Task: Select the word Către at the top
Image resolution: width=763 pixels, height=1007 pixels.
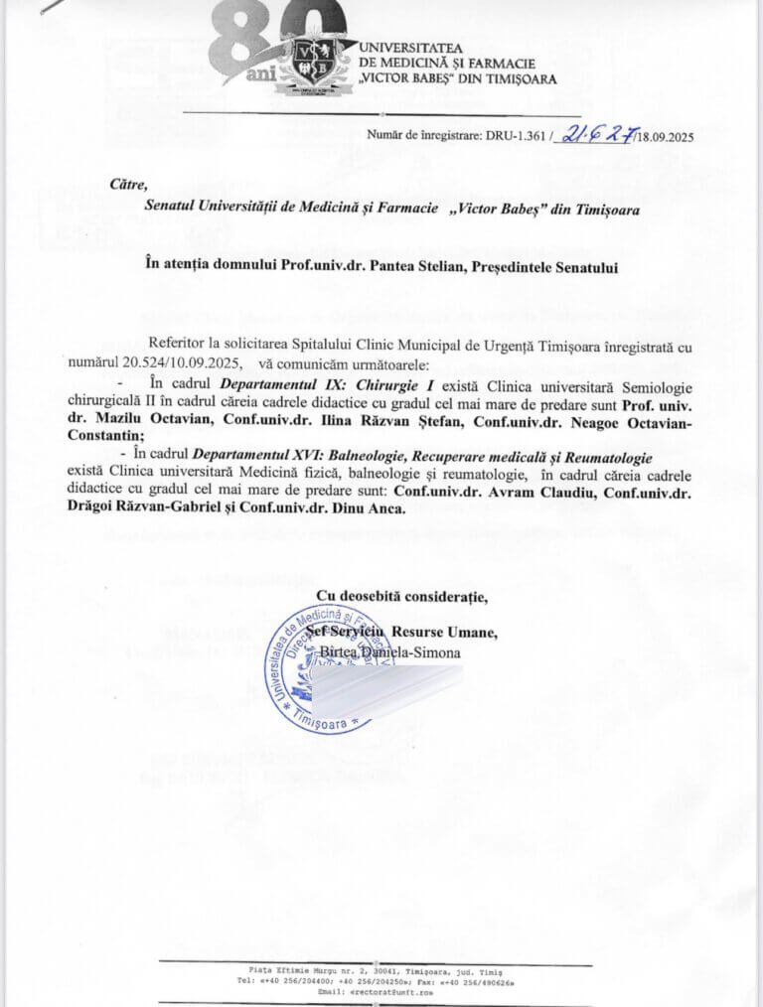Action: [x=128, y=184]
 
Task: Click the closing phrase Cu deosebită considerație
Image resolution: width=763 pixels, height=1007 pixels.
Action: [x=401, y=597]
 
